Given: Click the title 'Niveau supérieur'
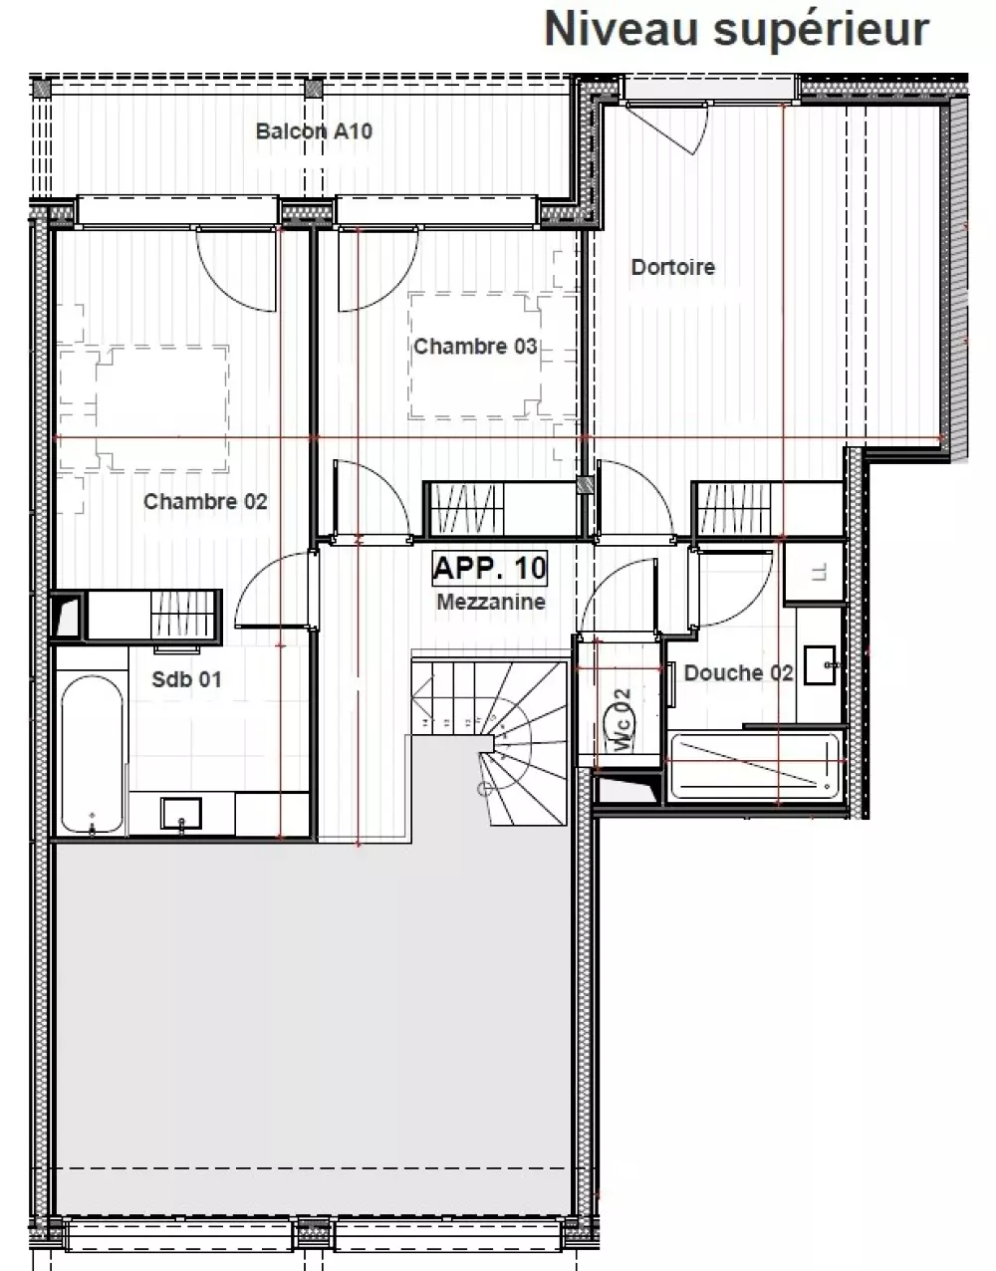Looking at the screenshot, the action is tap(736, 29).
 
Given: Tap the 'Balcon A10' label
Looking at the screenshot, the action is tap(314, 131).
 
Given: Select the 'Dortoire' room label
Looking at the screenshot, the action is tap(673, 267).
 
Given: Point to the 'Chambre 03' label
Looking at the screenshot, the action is tap(475, 347).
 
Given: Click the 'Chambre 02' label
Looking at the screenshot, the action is tap(205, 501).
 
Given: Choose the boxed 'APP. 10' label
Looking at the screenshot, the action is tap(490, 568).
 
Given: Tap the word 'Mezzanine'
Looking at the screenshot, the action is tap(491, 602).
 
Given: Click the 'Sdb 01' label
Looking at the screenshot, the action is tap(186, 679).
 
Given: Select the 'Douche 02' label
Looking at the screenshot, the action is tap(739, 672).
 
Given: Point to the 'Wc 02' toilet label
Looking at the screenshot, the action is tap(622, 720).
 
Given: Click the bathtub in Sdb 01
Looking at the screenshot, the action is tap(93, 754).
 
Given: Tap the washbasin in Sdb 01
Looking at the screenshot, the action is tap(181, 813).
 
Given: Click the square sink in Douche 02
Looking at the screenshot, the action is tap(820, 665).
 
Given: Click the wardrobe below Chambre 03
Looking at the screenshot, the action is tap(501, 508).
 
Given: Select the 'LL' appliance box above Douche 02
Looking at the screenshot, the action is tap(815, 572).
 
